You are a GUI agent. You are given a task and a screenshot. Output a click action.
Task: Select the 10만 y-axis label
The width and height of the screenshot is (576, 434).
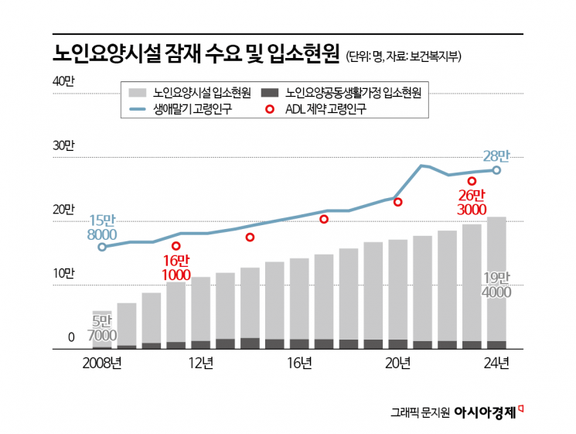(63, 273)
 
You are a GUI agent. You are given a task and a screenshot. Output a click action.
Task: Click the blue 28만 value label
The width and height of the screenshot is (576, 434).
(496, 155)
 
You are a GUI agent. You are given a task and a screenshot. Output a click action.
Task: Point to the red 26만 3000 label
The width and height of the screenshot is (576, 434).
(470, 202)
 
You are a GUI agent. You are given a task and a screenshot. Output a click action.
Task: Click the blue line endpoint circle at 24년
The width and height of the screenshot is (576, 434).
(496, 170)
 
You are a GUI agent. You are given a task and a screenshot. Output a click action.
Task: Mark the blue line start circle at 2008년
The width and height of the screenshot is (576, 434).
(102, 247)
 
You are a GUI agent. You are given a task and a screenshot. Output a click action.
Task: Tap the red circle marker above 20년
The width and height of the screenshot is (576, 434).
(398, 202)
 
